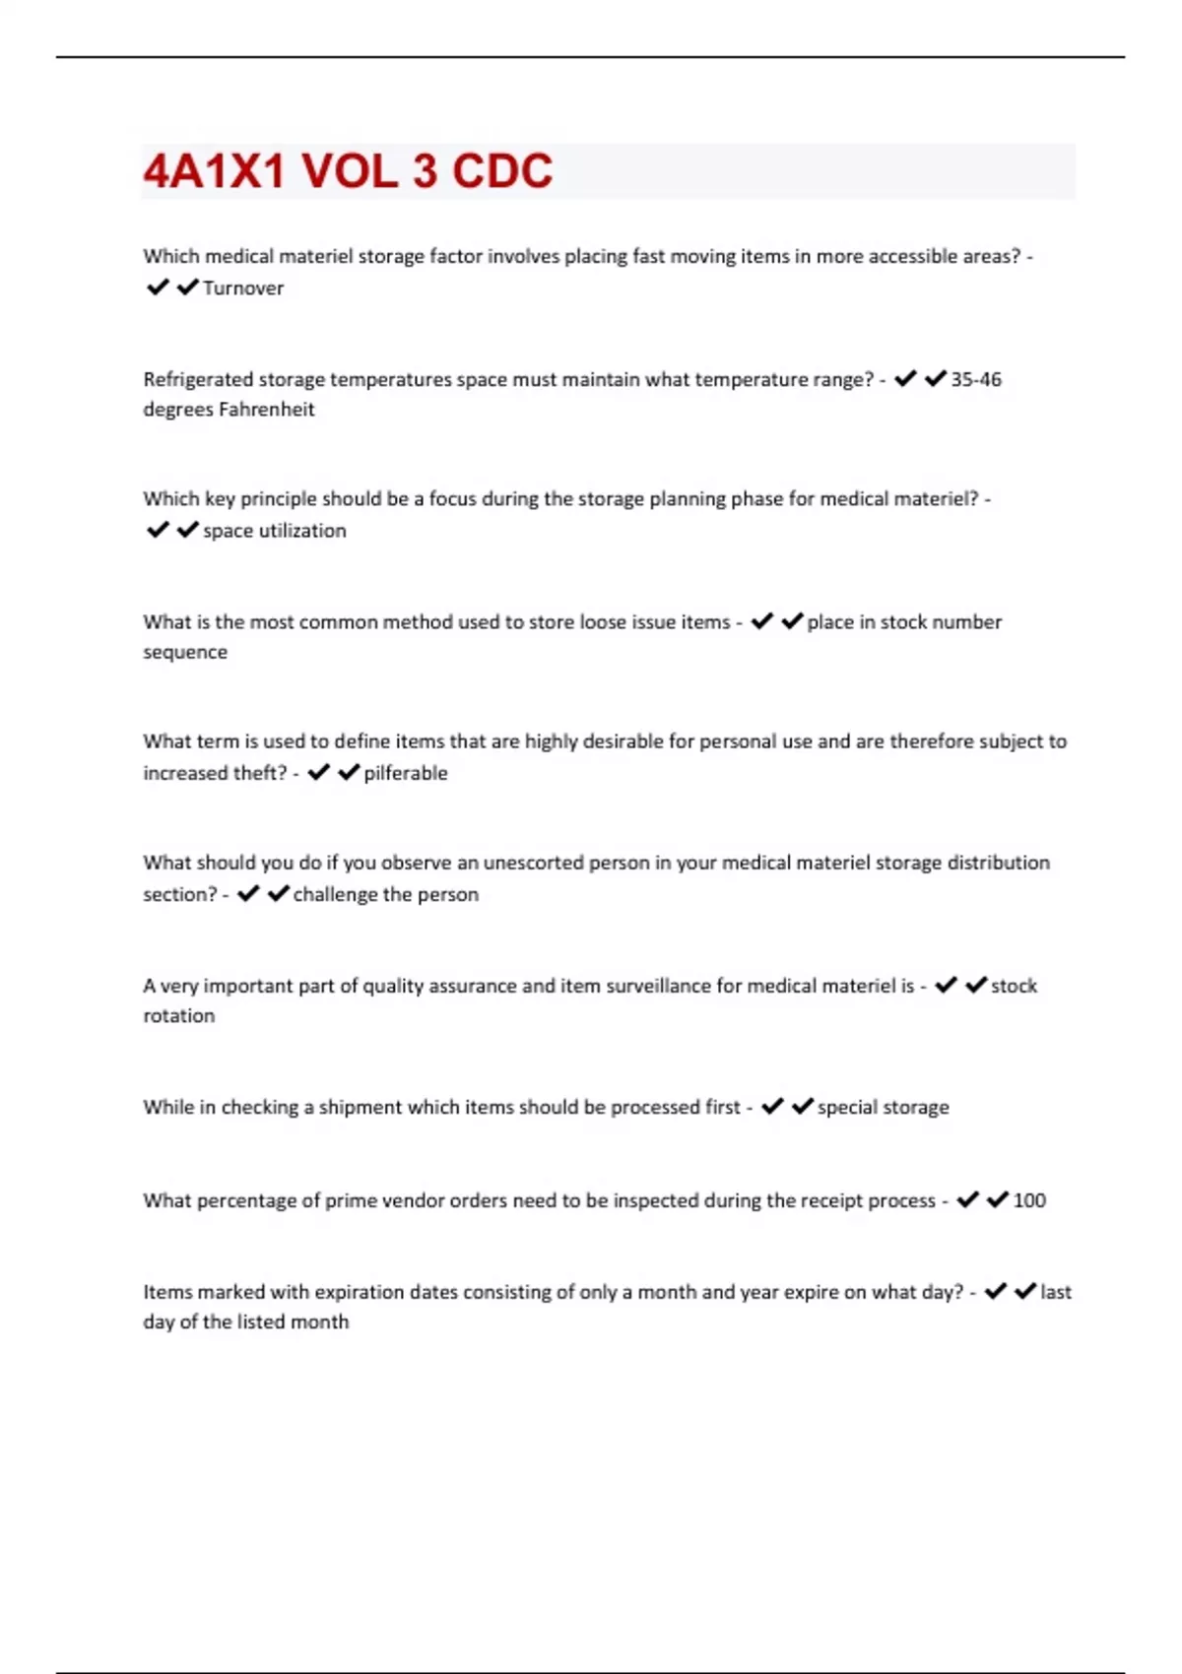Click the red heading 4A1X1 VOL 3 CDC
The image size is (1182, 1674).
(x=348, y=171)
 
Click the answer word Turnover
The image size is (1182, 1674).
(x=243, y=289)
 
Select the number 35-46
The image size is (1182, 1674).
(x=976, y=380)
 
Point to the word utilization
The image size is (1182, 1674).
(x=302, y=531)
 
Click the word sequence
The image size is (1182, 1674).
(x=185, y=652)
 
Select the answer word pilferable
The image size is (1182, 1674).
(x=406, y=773)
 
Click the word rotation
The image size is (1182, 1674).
(x=178, y=1016)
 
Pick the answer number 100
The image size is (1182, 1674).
(x=1029, y=1200)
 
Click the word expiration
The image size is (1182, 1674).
(x=358, y=1292)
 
